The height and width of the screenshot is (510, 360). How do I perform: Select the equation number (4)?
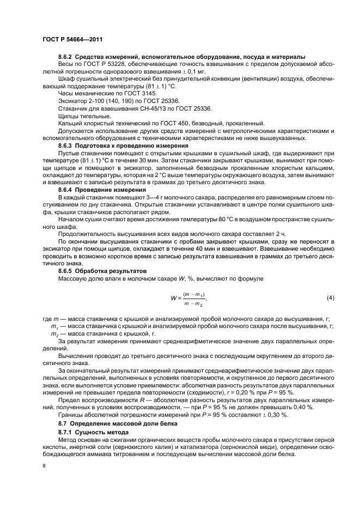pyautogui.click(x=330, y=297)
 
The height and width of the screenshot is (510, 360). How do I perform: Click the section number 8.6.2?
pyautogui.click(x=65, y=57)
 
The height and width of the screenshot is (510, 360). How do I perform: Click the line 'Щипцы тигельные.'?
pyautogui.click(x=84, y=116)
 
